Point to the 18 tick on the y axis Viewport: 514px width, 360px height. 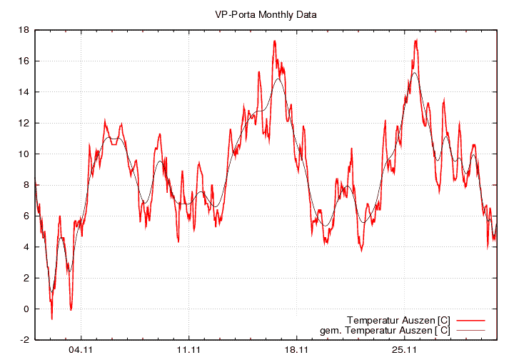coord(24,30)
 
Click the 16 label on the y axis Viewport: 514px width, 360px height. coord(24,61)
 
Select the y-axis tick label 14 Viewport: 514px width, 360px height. coord(24,92)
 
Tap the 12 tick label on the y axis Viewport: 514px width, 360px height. coord(24,123)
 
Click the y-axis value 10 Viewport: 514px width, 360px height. coord(24,154)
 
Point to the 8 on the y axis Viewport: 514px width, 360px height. coord(26,185)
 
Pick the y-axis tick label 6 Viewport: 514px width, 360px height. coord(26,216)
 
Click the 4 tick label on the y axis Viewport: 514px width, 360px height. coord(26,247)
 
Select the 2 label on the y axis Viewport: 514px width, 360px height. coord(26,278)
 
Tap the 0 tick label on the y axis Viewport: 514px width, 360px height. coord(26,309)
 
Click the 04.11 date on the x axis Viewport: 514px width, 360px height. coord(81,350)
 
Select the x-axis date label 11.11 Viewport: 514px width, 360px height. coord(188,350)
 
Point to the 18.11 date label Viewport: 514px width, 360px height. coord(296,350)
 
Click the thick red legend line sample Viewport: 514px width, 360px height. coord(470,319)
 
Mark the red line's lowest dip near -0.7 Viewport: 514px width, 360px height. coord(51,319)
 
